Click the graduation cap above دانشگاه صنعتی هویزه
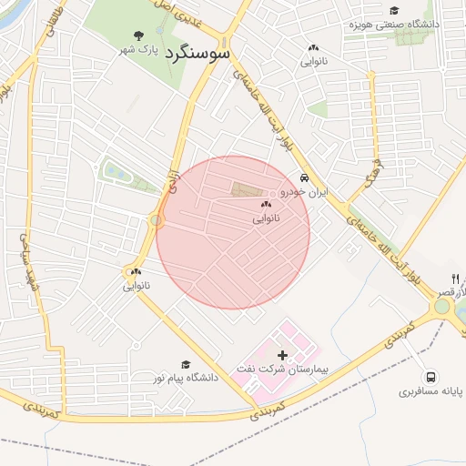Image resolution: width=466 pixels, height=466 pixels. pyautogui.click(x=393, y=10)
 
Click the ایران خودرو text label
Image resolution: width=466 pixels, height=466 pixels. pyautogui.click(x=303, y=192)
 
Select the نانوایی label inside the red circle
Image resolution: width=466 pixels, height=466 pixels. pyautogui.click(x=266, y=219)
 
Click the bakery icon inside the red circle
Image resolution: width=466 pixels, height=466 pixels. pyautogui.click(x=266, y=206)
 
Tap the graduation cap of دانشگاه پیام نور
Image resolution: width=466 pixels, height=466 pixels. pyautogui.click(x=186, y=363)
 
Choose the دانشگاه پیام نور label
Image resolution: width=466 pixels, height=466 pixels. pyautogui.click(x=185, y=377)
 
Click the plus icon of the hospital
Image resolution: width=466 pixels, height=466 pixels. pyautogui.click(x=281, y=354)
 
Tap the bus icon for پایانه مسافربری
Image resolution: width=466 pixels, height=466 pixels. pyautogui.click(x=430, y=377)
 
